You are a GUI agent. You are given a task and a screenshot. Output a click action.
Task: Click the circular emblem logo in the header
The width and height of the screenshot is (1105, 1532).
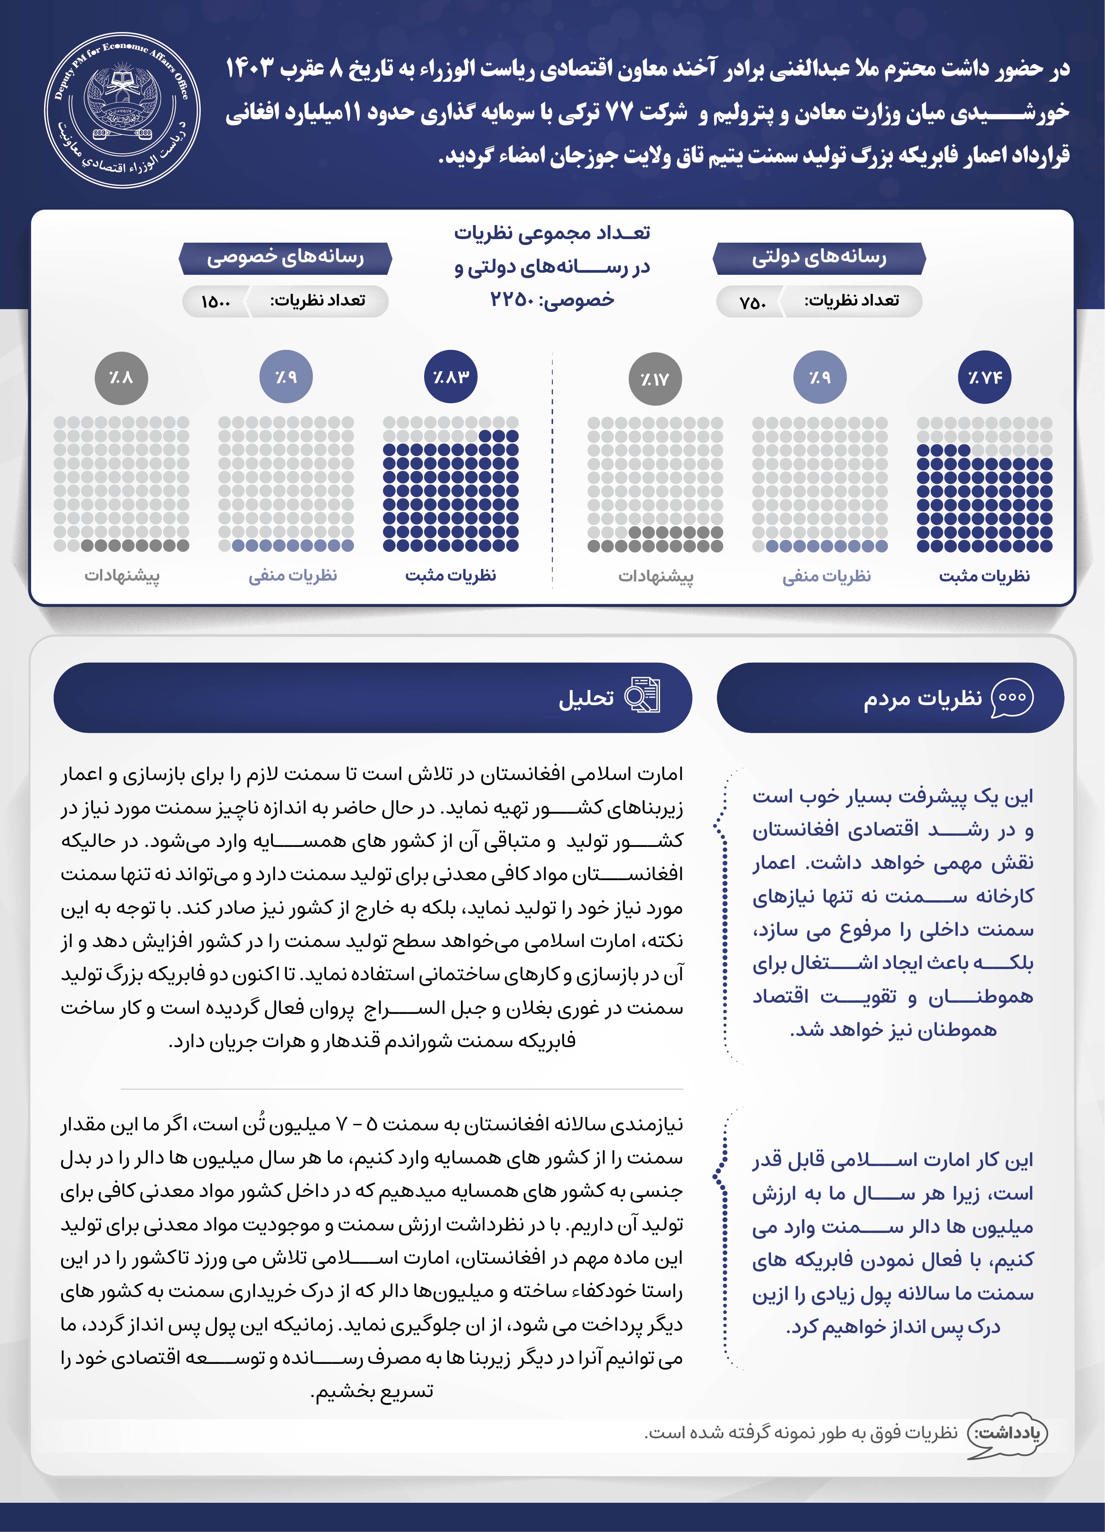122,110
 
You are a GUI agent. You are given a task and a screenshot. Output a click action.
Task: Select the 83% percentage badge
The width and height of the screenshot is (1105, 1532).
451,377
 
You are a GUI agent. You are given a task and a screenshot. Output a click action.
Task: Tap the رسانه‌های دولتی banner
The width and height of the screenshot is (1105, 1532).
819,258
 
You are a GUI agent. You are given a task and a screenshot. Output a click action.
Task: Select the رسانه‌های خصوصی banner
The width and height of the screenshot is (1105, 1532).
285,258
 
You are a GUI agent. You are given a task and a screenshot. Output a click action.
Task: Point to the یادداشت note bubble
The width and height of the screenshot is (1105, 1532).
1007,1432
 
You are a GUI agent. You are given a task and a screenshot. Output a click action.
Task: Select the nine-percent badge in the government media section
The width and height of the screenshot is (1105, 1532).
820,377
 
